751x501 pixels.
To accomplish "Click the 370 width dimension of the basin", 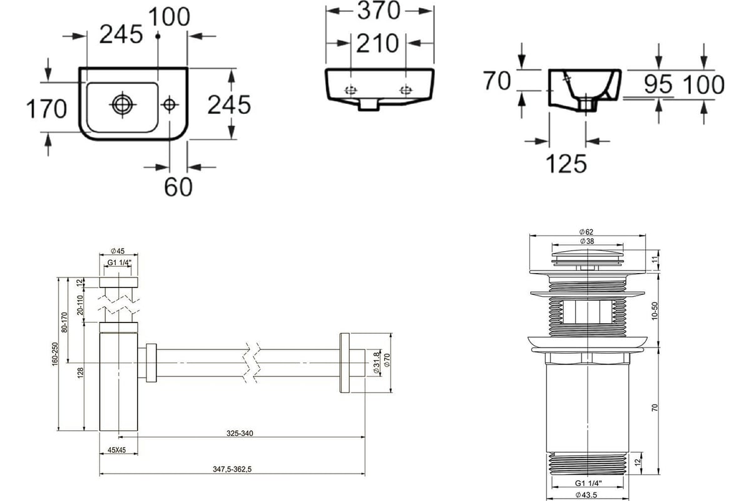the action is pos(379,11).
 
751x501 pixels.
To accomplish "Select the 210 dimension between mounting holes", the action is pos(377,43).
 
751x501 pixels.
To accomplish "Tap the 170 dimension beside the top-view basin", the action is pos(46,109).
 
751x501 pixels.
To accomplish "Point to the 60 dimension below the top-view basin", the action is pos(178,187).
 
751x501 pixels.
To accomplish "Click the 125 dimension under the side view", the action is pos(566,163).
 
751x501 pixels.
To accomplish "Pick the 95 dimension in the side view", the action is pos(658,84).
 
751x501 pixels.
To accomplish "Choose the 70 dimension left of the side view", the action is pos(497,81).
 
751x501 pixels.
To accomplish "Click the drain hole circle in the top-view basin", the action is pos(123,105).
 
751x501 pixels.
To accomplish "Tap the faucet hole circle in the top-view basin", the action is pos(170,105).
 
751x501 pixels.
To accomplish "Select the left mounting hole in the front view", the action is pos(351,90).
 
